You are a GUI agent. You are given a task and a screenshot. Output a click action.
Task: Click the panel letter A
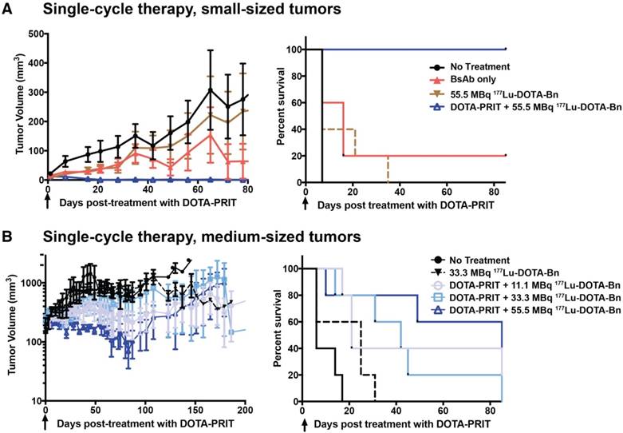(7, 10)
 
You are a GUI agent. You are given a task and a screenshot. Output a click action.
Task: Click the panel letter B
(7, 237)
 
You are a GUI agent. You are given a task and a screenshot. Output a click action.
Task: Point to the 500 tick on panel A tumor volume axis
(32, 34)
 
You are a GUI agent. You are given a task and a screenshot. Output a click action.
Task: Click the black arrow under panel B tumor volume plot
(46, 421)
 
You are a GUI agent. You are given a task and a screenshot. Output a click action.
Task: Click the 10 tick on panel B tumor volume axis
(36, 400)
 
